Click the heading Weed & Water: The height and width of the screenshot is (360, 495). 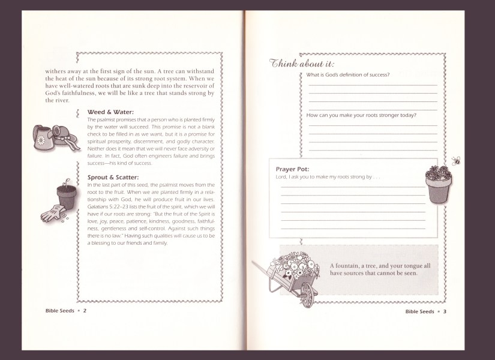(110, 112)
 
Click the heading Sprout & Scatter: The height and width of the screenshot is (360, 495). (113, 178)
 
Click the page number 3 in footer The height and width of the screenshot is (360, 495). (445, 311)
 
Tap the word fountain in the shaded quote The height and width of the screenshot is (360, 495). (350, 265)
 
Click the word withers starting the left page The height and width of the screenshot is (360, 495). (57, 70)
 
